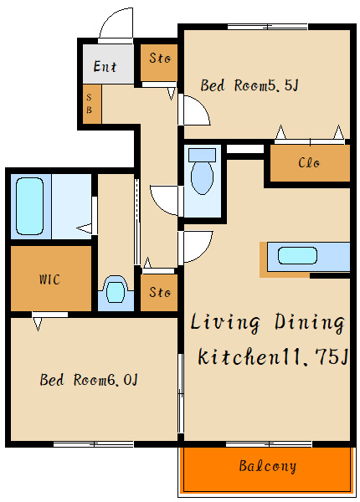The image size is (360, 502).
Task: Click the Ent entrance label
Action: (x=105, y=66)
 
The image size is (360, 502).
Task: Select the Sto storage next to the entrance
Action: (x=159, y=63)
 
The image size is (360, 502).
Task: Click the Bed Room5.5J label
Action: (x=249, y=85)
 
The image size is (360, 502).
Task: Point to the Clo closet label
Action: (x=309, y=162)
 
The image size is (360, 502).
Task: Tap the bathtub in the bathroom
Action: (x=30, y=206)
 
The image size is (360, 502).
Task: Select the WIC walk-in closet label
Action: (x=49, y=279)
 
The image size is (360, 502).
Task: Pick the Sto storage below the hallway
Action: (x=159, y=292)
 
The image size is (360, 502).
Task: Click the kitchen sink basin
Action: (x=297, y=256)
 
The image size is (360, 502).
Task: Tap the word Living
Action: (x=225, y=322)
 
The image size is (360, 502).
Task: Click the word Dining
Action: (x=310, y=322)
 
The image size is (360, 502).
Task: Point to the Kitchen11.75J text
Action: (x=273, y=356)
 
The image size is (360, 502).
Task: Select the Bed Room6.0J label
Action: (x=89, y=380)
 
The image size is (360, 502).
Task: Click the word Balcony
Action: (x=267, y=466)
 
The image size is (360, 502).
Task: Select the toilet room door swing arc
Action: (x=159, y=205)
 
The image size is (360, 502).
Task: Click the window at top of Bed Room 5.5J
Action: (x=267, y=27)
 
